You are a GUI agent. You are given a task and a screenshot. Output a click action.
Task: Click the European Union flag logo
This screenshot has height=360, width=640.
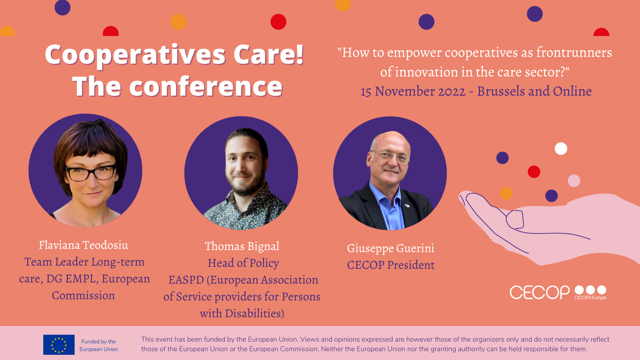(x=59, y=344)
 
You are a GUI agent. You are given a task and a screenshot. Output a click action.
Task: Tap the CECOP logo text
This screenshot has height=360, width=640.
(x=540, y=292)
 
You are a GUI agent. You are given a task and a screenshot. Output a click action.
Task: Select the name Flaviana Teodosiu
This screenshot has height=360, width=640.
(x=84, y=245)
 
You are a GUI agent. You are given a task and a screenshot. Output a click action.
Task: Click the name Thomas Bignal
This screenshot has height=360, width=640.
(x=242, y=246)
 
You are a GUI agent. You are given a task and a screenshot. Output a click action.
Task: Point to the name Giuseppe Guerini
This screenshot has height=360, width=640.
(x=390, y=248)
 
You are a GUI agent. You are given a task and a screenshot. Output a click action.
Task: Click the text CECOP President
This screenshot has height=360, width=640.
(x=390, y=265)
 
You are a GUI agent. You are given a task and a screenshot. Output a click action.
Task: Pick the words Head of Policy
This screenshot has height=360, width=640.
(x=243, y=263)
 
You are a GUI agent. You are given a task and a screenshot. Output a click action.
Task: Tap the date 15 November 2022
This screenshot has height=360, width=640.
(x=413, y=92)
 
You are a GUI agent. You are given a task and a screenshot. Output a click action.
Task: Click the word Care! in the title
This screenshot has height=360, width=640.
(x=268, y=54)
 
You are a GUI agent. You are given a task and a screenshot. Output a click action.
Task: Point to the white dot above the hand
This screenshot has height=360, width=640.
(x=561, y=148)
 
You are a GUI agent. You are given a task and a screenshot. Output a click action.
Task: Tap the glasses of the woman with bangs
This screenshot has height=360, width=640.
(x=91, y=172)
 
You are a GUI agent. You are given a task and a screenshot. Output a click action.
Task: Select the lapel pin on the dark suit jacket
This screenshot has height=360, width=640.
(x=407, y=206)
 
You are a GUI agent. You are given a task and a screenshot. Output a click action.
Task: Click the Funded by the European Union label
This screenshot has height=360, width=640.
(x=98, y=345)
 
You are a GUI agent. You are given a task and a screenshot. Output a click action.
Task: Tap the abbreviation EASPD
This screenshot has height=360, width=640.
(x=186, y=280)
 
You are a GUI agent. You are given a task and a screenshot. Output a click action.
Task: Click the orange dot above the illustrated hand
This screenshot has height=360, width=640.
(x=506, y=194)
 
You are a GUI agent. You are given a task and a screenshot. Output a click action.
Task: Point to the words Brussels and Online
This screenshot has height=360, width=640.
(x=534, y=92)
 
